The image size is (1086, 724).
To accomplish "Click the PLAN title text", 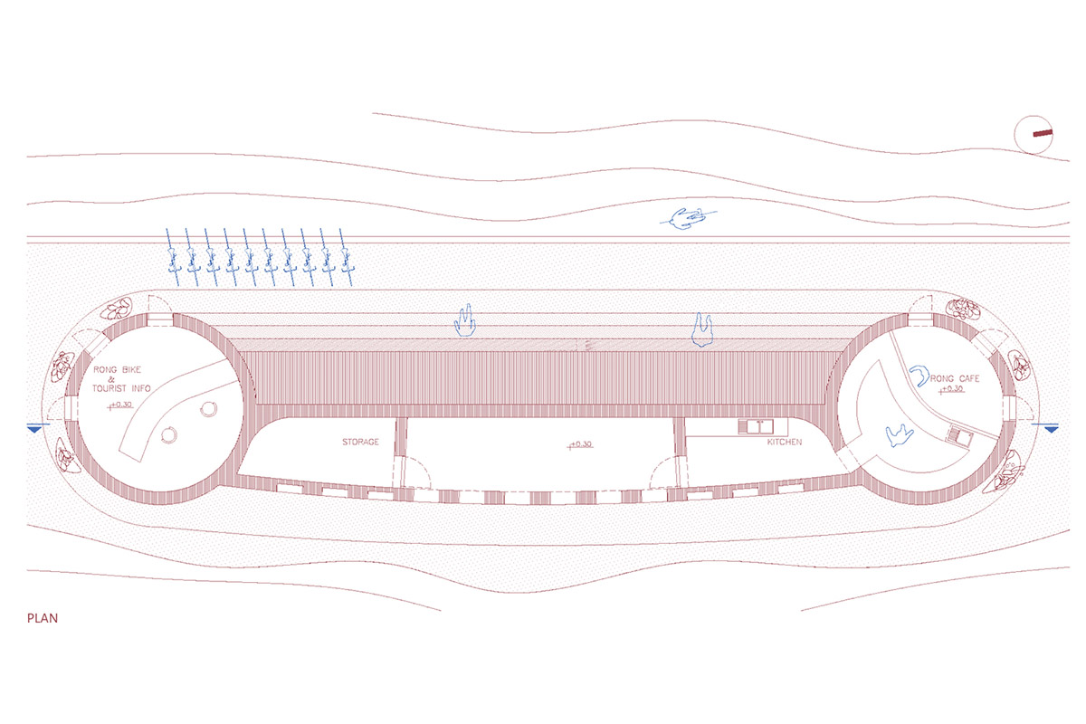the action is [43, 618].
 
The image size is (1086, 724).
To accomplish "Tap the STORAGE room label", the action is [360, 442].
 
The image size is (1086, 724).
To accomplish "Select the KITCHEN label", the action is [784, 442].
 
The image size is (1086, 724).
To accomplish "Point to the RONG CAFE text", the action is [954, 378].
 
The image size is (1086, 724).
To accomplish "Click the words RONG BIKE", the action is [117, 369].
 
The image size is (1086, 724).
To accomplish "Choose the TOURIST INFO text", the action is [121, 388].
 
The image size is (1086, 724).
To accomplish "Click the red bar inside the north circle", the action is [1043, 133].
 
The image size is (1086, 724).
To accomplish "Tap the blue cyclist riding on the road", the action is [688, 219].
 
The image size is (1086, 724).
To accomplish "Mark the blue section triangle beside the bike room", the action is [35, 429].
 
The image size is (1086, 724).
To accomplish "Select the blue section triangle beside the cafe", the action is [1051, 429].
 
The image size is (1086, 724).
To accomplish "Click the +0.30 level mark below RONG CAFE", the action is [951, 389].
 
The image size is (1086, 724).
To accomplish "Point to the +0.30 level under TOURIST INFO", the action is [119, 405].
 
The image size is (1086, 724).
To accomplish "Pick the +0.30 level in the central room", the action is [580, 444].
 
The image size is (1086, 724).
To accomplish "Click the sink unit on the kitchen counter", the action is [756, 427].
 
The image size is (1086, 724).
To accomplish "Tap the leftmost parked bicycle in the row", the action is [174, 257].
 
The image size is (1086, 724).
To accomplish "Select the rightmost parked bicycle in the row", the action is [346, 257].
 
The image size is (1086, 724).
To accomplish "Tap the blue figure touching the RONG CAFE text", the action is [919, 376].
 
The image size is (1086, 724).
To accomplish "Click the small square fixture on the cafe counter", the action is [960, 436].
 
